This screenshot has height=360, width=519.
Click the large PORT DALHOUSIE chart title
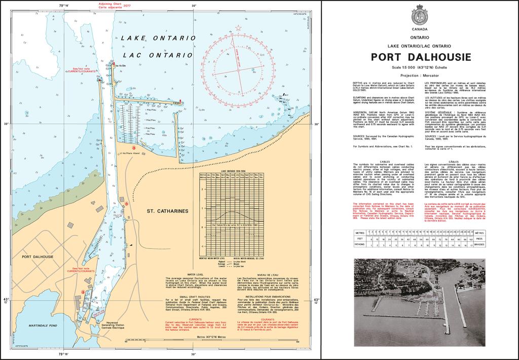click(x=421, y=57)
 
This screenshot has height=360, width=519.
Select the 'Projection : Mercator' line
click(x=421, y=74)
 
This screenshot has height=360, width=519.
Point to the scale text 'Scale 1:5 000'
click(x=405, y=67)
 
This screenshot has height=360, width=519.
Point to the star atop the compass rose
click(x=238, y=27)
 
